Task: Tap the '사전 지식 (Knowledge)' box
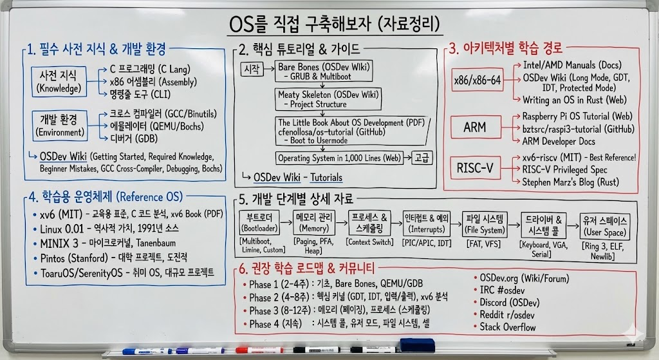pos(59,82)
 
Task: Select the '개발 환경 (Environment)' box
pos(59,126)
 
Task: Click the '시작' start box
pos(252,69)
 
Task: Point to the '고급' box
pos(422,158)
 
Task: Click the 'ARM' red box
pos(476,127)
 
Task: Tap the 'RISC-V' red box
pos(476,168)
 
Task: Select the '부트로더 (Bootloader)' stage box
pos(259,222)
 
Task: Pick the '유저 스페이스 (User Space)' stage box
pos(605,226)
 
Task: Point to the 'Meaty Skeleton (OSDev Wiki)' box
pos(328,99)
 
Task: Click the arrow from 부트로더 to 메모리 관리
pos(286,222)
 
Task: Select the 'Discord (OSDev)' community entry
pos(510,303)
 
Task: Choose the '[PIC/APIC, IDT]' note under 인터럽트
pos(427,243)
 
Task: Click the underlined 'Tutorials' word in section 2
pos(326,178)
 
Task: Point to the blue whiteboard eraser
pos(417,345)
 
